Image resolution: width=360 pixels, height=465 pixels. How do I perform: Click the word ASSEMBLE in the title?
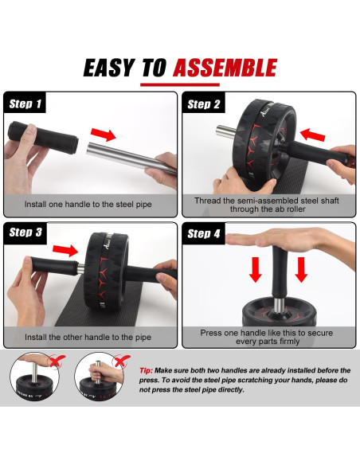coord(225,68)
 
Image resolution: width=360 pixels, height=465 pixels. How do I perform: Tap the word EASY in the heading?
coord(109,68)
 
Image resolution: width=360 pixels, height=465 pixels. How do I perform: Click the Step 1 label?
coord(25,104)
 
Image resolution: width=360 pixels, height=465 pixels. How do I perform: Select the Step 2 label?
coord(204,104)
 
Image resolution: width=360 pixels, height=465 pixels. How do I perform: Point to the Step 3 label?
coord(25,232)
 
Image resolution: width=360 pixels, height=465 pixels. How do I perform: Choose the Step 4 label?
coord(204,233)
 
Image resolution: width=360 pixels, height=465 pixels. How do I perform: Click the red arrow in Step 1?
coord(104,135)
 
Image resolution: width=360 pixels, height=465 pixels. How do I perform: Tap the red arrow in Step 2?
coord(312,135)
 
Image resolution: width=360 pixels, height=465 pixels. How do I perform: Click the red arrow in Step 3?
coord(65,250)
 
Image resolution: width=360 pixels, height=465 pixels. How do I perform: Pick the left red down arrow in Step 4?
coord(256,269)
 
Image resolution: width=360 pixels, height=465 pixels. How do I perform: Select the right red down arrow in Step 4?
coord(301,269)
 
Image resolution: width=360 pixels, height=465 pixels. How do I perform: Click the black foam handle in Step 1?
coord(43,137)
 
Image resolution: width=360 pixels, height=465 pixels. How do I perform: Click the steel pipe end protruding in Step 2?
coord(225,132)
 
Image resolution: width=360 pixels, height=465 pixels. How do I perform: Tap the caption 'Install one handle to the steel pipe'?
coord(88,205)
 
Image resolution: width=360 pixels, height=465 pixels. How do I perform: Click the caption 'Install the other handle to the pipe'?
coord(88,337)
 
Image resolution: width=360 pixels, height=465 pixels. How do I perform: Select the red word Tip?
coord(147,370)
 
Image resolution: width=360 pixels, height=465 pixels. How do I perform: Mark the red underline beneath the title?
coord(180,85)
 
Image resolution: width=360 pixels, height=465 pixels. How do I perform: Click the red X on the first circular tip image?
coord(57,361)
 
